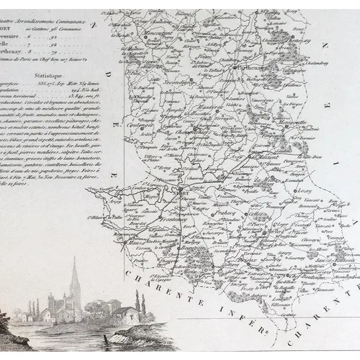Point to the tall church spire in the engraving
pyautogui.click(x=74, y=276)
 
